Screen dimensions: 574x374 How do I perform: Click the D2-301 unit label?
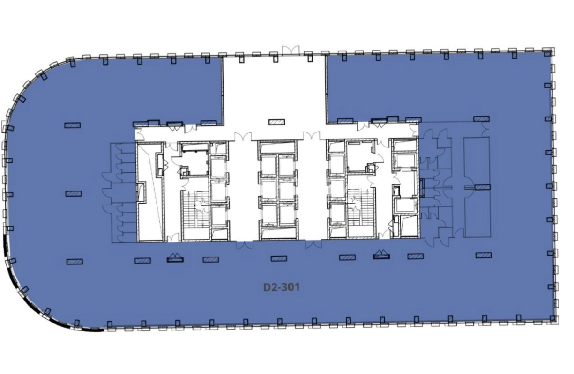(x=282, y=287)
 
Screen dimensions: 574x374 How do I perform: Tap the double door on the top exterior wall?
(x=291, y=51)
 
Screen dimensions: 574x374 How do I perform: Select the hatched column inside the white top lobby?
(x=277, y=122)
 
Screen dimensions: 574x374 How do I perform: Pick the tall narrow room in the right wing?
(x=477, y=187)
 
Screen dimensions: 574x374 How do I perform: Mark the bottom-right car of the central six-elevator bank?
(x=287, y=214)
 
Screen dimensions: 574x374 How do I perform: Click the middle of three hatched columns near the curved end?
(x=74, y=193)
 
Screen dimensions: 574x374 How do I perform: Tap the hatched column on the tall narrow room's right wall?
(x=483, y=187)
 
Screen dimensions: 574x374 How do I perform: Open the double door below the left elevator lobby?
(x=245, y=245)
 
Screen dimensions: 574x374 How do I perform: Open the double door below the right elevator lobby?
(x=313, y=244)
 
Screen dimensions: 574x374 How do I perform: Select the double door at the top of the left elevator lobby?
(x=243, y=136)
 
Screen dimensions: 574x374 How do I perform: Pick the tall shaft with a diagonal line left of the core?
(x=150, y=192)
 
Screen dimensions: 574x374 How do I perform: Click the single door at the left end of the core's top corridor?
(x=138, y=135)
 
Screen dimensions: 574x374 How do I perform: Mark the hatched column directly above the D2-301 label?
(x=279, y=258)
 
